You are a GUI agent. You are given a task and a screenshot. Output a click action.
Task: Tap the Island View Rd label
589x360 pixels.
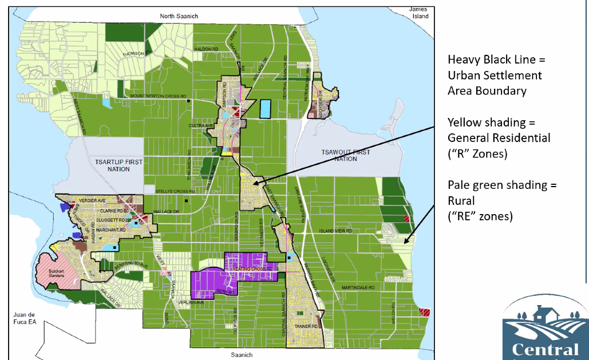[x=337, y=231]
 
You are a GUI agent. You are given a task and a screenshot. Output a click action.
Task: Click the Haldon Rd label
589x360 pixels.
[x=208, y=49]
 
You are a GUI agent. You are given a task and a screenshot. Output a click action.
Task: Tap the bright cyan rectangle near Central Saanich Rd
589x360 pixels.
[x=264, y=109]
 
